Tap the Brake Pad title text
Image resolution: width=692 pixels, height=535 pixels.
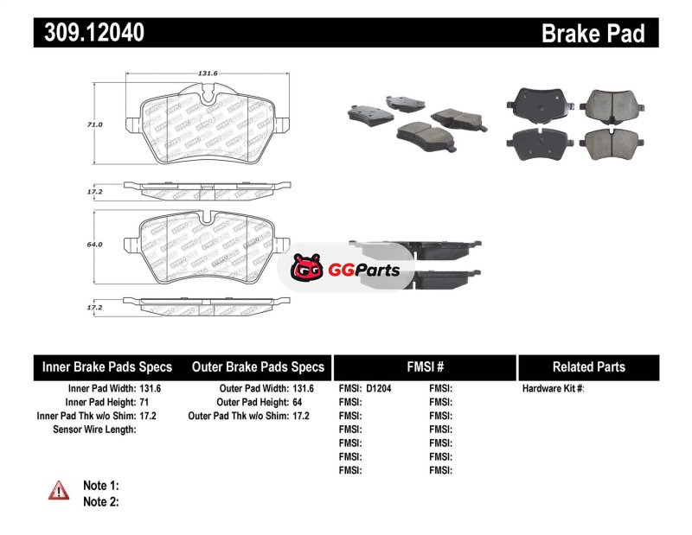pos(593,33)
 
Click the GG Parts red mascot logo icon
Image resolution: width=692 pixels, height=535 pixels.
pos(306,270)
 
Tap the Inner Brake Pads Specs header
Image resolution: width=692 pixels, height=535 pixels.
pos(107,366)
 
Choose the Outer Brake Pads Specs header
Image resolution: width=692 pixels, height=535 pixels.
pos(258,366)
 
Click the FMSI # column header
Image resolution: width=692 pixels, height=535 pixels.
pos(425,366)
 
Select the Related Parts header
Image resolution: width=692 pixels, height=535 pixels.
pos(589,366)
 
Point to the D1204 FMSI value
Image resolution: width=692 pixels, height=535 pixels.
pos(379,389)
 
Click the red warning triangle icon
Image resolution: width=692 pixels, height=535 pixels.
pos(59,490)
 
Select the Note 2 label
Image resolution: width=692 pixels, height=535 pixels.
pos(100,501)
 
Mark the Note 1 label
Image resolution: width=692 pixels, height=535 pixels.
pos(100,486)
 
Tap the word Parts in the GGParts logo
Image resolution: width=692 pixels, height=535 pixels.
pos(375,271)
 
